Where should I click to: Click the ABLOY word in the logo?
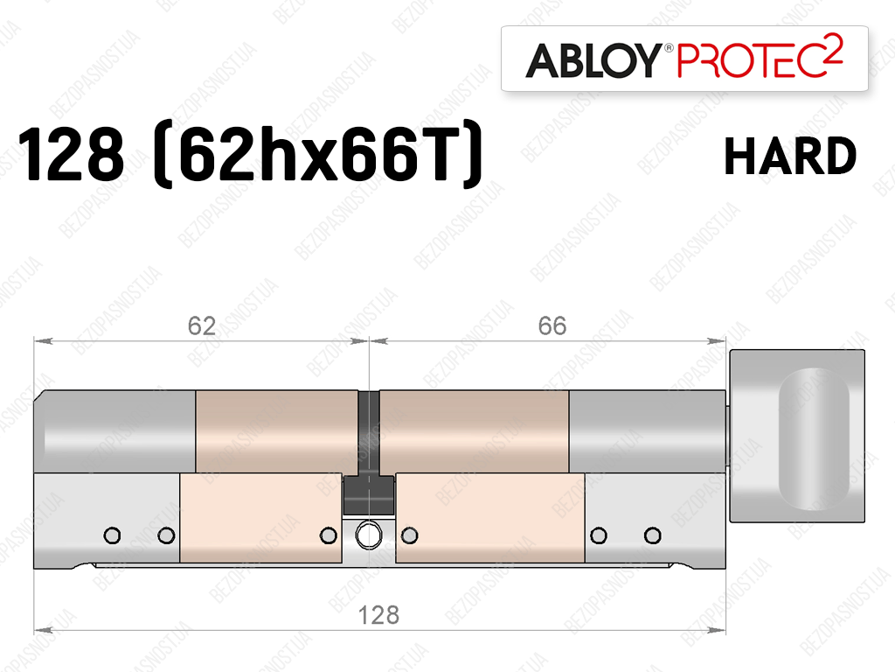coord(593,60)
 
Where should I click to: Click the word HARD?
coord(790,156)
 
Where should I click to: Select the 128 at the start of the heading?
coord(71,154)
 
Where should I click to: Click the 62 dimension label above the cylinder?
coord(202,325)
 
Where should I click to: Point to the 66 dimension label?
coord(552,325)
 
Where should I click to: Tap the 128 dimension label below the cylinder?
coord(378,615)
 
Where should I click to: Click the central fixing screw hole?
coord(369,535)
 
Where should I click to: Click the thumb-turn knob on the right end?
coord(797,436)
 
